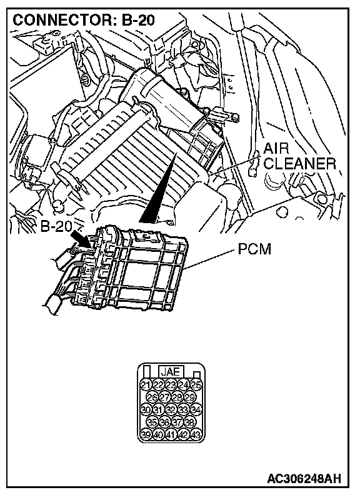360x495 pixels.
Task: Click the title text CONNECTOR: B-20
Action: point(84,20)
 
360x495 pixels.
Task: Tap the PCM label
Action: point(254,249)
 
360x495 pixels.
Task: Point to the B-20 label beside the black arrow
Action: point(55,226)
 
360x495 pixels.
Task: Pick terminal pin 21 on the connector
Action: point(146,385)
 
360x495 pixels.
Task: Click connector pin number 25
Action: point(196,385)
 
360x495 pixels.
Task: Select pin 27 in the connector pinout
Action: point(164,397)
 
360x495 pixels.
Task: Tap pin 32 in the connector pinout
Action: point(171,410)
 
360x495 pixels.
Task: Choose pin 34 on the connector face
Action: point(196,410)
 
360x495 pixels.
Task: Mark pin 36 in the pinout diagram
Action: point(164,422)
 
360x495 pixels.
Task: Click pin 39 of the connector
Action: point(146,435)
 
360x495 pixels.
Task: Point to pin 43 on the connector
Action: point(196,435)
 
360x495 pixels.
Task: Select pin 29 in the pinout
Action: point(190,397)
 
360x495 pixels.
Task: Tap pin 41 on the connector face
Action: point(171,435)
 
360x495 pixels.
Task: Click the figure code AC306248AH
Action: point(304,479)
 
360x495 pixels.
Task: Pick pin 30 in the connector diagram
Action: point(146,410)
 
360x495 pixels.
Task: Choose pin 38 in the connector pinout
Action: point(190,422)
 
